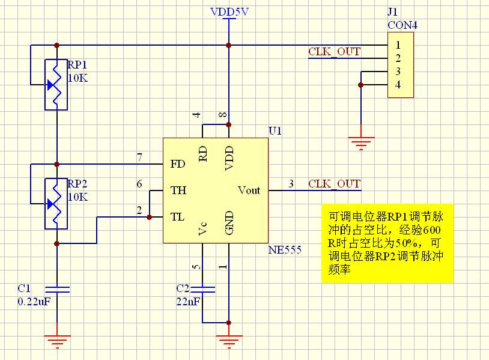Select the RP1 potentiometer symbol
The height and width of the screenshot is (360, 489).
tap(55, 84)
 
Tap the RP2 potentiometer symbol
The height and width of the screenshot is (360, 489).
tap(55, 203)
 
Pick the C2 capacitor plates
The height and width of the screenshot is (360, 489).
tap(203, 290)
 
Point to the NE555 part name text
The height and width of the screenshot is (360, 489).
tap(285, 249)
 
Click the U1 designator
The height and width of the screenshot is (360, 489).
tap(275, 131)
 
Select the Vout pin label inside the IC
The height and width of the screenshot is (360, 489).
tap(249, 191)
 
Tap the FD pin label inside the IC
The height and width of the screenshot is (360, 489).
tap(178, 164)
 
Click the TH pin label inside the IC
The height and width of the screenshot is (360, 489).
tap(178, 191)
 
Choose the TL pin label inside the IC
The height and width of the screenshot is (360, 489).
tap(178, 217)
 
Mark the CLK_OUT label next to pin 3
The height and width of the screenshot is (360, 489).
tap(334, 184)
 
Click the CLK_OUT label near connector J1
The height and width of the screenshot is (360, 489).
tap(334, 52)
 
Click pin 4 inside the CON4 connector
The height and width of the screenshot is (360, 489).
tap(398, 85)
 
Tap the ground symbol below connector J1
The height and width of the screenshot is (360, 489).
tap(362, 143)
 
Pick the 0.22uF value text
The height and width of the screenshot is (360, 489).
tap(34, 302)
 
